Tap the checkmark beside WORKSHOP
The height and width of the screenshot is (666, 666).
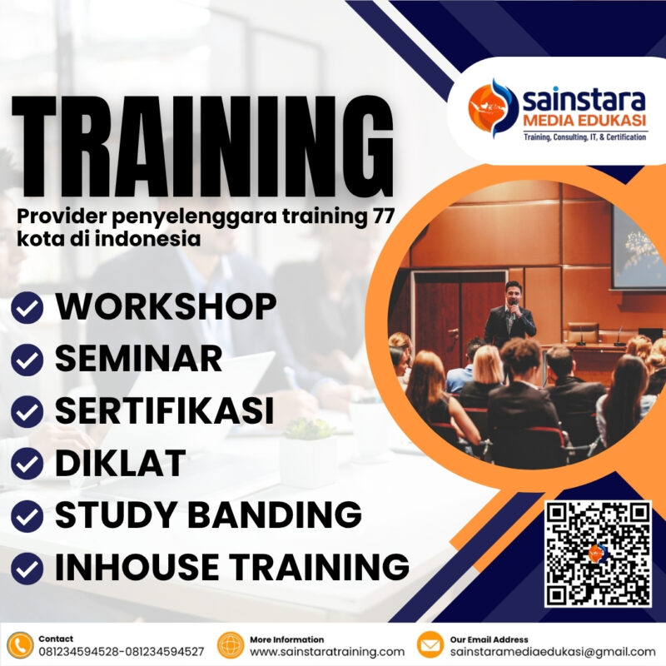[27, 309]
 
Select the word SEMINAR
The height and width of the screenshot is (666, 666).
[138, 359]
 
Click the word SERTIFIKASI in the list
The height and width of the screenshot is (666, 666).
[164, 411]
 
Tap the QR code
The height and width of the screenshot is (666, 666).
[598, 554]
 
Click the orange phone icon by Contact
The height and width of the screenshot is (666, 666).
[19, 645]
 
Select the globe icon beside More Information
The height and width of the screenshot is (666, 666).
[230, 645]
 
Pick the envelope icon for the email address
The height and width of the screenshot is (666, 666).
[430, 645]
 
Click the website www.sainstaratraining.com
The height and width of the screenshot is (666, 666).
[326, 652]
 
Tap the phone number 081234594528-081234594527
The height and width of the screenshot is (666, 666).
[121, 652]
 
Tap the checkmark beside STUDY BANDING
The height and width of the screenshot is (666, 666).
[27, 516]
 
